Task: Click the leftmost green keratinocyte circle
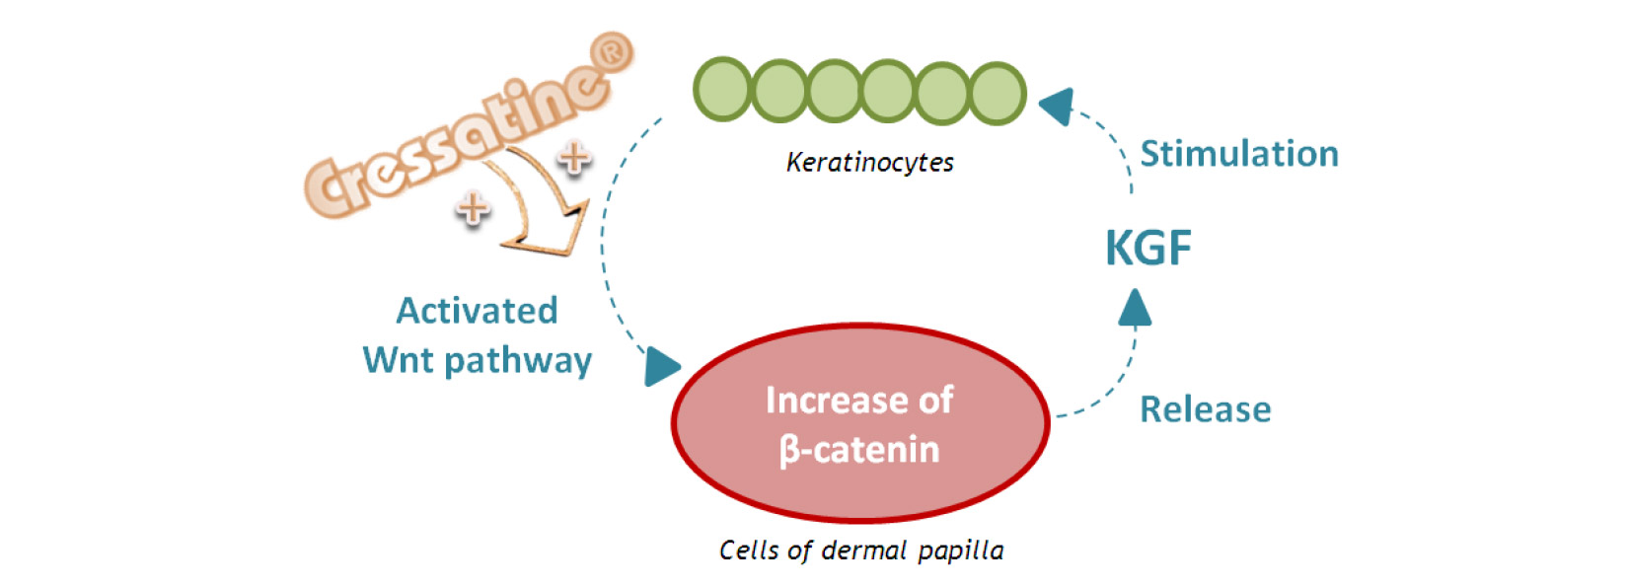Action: click(x=724, y=90)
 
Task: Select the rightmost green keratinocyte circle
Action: click(x=997, y=94)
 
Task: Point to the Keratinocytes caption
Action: click(x=869, y=162)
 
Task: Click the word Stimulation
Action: click(x=1239, y=154)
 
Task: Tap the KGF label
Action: click(x=1147, y=248)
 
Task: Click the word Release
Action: click(x=1205, y=409)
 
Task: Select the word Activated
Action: click(x=477, y=311)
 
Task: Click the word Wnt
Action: click(x=400, y=360)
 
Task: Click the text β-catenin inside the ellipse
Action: click(x=858, y=450)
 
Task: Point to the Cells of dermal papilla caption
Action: click(x=860, y=550)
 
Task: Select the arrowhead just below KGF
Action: click(x=1135, y=307)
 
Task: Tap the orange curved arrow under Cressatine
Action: click(x=538, y=207)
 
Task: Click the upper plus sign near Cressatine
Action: click(x=574, y=155)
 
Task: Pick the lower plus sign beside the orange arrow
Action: click(x=473, y=206)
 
